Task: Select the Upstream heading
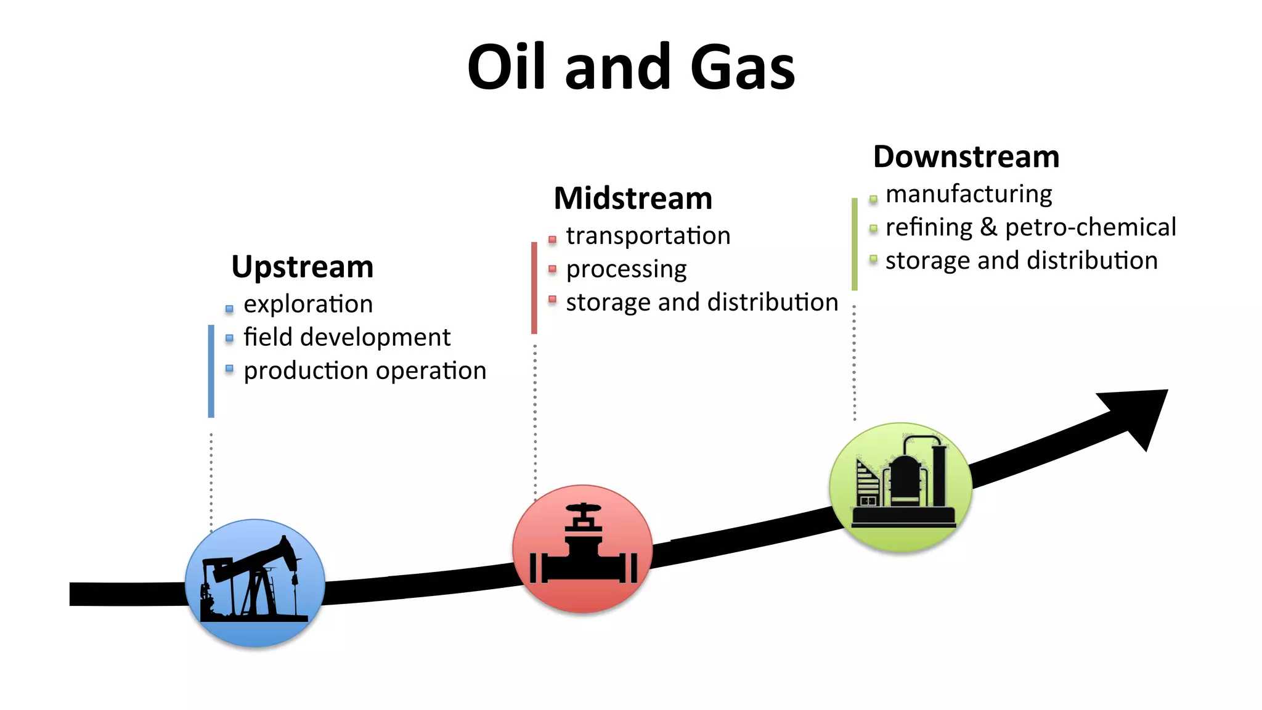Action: click(x=302, y=267)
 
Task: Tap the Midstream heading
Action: click(x=633, y=198)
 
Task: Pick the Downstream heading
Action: click(x=966, y=157)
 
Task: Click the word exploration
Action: click(x=308, y=304)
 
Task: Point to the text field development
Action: click(x=347, y=337)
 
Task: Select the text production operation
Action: click(x=365, y=370)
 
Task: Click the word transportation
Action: click(x=648, y=235)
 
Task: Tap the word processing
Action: click(x=626, y=269)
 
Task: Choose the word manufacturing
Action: click(x=969, y=194)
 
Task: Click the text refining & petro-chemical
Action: click(x=1030, y=227)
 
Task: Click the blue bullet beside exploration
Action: click(x=229, y=308)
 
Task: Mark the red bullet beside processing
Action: click(x=552, y=269)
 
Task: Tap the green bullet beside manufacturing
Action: click(x=873, y=198)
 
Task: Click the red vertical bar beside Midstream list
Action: click(x=534, y=288)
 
